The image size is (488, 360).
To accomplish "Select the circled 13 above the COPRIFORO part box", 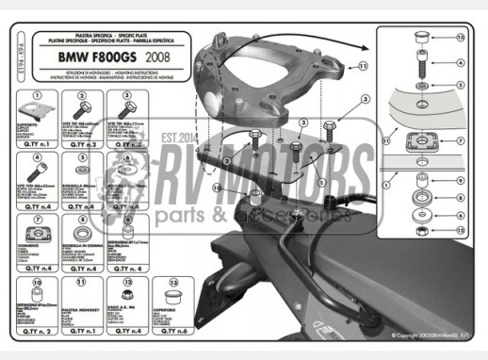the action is (x=171, y=279).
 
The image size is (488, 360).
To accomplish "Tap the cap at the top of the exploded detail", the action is (x=418, y=37).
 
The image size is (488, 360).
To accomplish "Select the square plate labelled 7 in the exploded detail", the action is (x=418, y=142).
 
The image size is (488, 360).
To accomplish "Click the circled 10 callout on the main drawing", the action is (x=218, y=188).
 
